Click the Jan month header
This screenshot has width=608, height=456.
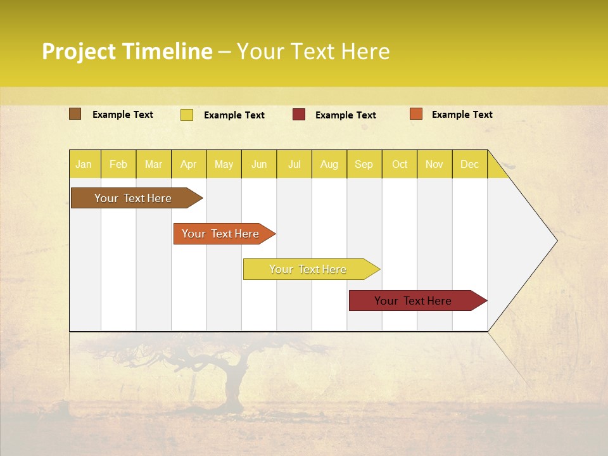(x=84, y=165)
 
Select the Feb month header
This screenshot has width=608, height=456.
(x=118, y=165)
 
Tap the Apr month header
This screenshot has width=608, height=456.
(x=188, y=165)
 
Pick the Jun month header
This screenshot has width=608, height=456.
(x=259, y=165)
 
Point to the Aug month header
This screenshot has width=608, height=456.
(x=329, y=165)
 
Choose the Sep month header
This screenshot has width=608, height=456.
(x=364, y=165)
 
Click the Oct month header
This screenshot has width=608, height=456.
(x=400, y=165)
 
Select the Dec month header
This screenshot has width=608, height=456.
(x=469, y=165)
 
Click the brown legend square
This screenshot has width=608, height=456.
(x=75, y=114)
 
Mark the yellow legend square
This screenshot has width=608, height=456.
(x=187, y=115)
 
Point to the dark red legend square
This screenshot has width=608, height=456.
(x=299, y=115)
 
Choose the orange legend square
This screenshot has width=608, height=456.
(x=415, y=114)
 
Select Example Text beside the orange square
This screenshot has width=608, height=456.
(x=462, y=115)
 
